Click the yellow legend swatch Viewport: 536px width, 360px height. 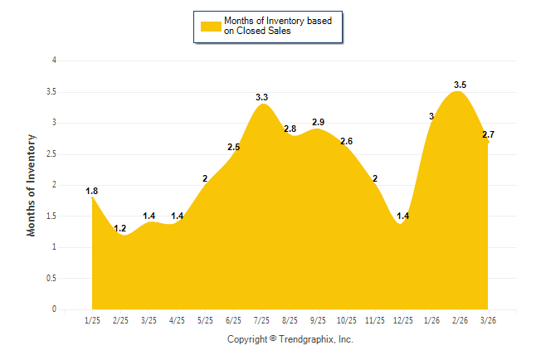[211, 26]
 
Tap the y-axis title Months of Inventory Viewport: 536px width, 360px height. [32, 185]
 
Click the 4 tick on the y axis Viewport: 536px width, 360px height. [54, 61]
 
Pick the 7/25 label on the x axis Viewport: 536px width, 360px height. [262, 320]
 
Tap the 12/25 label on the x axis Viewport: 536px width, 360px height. [403, 320]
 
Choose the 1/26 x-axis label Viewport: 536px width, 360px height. [431, 320]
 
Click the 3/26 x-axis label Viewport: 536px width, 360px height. [488, 320]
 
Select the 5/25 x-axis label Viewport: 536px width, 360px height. [206, 320]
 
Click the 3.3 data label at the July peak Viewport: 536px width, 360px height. [262, 98]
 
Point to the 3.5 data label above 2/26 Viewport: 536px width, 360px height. [460, 85]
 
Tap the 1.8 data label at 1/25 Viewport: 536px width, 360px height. [92, 191]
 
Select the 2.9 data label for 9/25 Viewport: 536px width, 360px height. [318, 122]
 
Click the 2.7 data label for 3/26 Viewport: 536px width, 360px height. [488, 134]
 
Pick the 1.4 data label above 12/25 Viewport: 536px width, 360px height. [403, 216]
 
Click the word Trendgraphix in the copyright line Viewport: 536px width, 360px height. [308, 339]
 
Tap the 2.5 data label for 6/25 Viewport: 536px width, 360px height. [234, 148]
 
